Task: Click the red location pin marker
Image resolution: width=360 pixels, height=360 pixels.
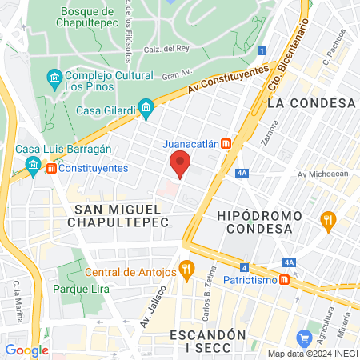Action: coord(181,166)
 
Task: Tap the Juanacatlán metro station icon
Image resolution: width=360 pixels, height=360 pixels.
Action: coord(226,144)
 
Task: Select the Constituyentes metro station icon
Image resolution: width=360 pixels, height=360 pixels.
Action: coord(52,168)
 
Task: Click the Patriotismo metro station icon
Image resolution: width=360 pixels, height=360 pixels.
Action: coord(283,281)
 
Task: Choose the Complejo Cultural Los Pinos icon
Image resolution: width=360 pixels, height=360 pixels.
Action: coord(54,78)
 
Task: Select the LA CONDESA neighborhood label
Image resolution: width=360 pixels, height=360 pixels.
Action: coord(311,103)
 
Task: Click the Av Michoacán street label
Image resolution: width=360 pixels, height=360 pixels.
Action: coord(318,174)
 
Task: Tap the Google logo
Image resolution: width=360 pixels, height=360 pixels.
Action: coord(26,350)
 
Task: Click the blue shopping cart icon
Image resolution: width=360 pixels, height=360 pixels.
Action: coord(303,338)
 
